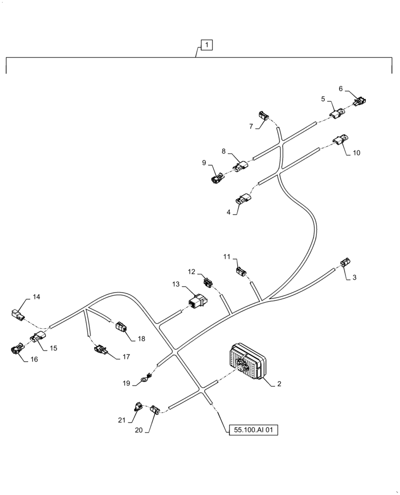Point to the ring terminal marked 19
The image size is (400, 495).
145,380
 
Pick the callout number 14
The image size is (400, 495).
37,297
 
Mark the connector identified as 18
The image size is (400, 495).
121,327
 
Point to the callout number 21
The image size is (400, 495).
122,420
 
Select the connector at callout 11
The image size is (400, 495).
242,271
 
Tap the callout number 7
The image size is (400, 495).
251,126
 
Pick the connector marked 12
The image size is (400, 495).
208,283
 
